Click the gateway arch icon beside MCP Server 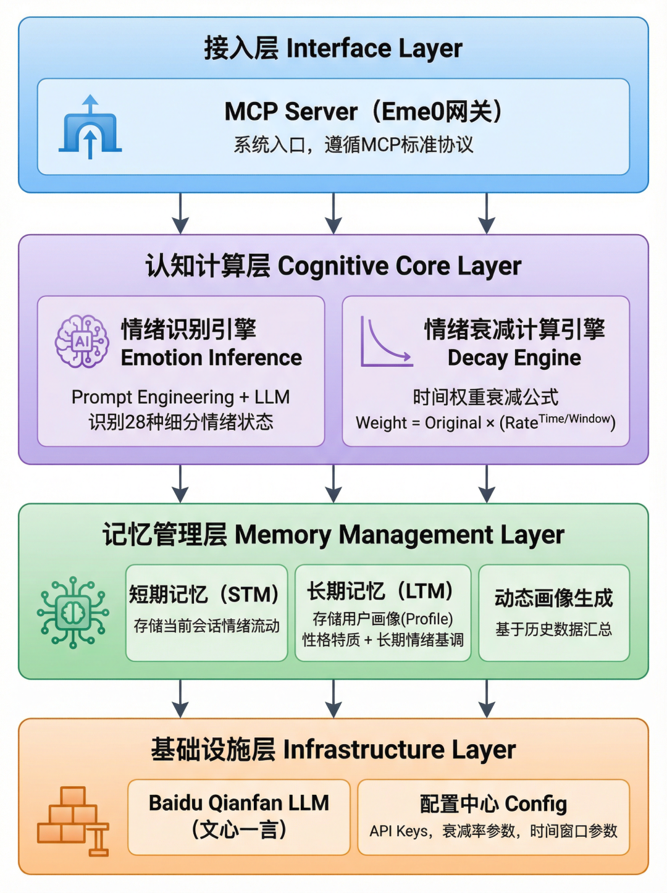coord(90,127)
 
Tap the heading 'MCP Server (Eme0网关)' coord(363,112)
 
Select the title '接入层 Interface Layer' coord(333,48)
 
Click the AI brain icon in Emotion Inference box coord(82,342)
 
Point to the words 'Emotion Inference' coord(211,358)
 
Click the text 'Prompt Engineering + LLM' coord(180,397)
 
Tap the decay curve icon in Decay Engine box coord(385,343)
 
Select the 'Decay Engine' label coord(514,358)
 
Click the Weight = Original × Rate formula coord(485,422)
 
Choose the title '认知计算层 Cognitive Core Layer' coord(333,266)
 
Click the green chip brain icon coord(73,612)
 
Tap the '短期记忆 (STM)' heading coord(204,594)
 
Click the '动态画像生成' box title coord(553,598)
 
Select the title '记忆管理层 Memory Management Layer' coord(333,535)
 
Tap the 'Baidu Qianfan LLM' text coord(239,803)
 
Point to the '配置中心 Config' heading coord(493,803)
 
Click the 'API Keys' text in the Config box coord(398,831)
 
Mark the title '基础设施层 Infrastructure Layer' coord(333,750)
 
